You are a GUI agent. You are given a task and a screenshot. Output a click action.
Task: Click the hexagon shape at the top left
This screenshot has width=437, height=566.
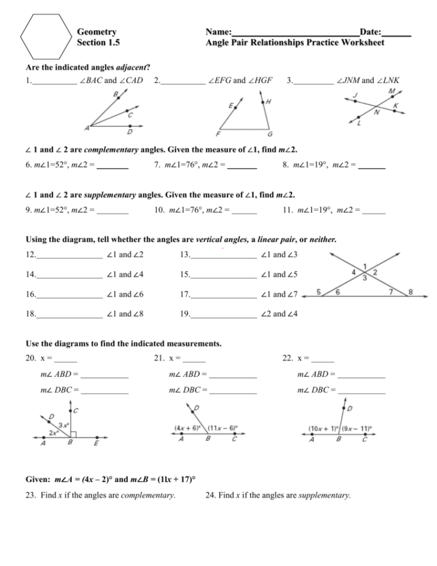(x=46, y=36)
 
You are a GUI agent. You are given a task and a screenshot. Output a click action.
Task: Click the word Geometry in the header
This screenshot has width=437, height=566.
(x=96, y=32)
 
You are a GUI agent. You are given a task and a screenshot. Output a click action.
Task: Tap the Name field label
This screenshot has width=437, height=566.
(x=219, y=32)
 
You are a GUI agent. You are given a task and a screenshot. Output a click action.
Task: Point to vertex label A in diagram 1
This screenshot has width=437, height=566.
(x=88, y=128)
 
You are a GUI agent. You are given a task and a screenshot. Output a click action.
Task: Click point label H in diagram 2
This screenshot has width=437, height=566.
(x=268, y=102)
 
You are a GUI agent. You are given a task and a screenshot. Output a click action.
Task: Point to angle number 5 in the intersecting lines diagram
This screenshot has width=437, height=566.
(x=318, y=292)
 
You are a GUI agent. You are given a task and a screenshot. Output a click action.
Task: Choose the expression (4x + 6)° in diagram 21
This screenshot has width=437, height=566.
(x=188, y=428)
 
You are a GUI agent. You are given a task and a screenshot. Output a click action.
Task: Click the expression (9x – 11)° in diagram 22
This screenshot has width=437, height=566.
(x=358, y=428)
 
